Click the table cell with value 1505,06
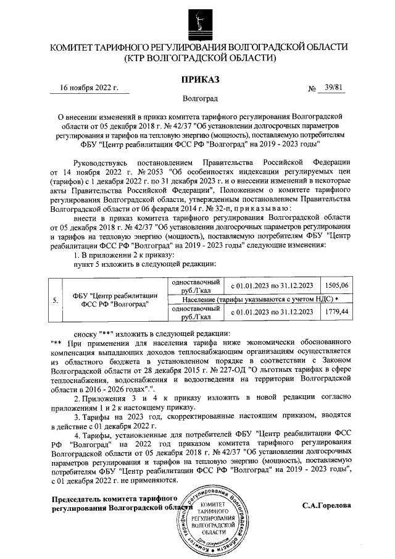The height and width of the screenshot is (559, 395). (336, 285)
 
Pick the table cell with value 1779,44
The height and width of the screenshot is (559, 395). (336, 312)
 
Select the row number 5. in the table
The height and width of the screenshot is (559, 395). (56, 300)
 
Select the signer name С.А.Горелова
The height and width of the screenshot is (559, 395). (326, 505)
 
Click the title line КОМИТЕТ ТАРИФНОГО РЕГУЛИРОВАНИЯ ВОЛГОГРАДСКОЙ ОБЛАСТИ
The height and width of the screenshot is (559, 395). (198, 48)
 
